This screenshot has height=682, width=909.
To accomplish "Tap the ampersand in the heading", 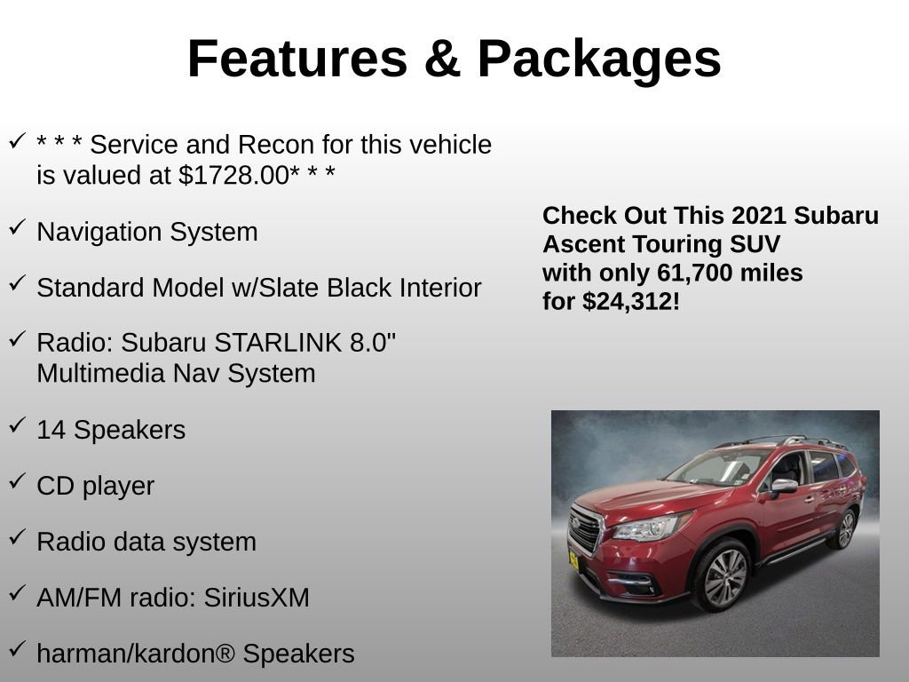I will (442, 59).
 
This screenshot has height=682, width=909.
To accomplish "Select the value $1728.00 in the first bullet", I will (233, 175).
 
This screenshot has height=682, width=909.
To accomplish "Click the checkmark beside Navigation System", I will (17, 227).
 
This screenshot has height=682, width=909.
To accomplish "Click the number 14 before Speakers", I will (51, 430).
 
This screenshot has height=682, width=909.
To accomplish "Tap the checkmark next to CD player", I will (17, 481).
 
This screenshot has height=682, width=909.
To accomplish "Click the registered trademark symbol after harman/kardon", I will (225, 654).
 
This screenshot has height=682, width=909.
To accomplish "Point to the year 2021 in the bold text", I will (760, 216).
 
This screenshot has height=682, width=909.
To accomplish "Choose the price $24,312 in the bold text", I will (628, 301).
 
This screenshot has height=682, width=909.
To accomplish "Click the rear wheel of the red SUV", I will (844, 528).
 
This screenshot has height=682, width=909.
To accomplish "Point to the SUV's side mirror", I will (784, 487).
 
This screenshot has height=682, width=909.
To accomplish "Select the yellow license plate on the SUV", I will (573, 560).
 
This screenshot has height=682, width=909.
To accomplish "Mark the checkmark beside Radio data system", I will (17, 537).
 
